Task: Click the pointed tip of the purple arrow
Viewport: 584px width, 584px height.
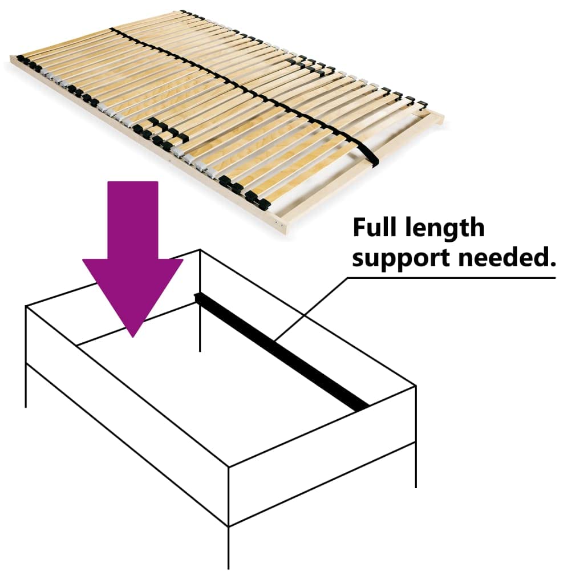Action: point(133,334)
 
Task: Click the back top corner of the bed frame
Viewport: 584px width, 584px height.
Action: point(200,249)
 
